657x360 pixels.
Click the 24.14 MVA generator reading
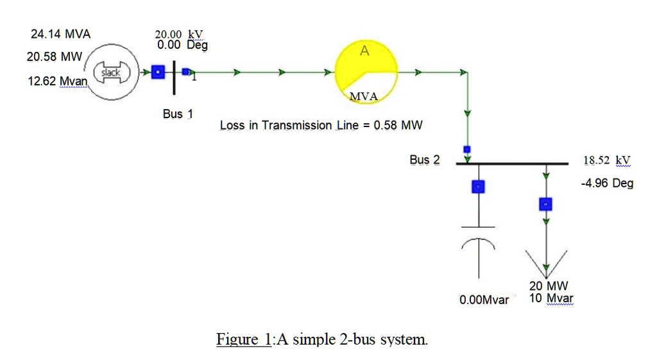coord(60,35)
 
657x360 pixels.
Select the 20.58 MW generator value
coord(54,57)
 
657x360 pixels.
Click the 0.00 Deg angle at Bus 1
coord(182,46)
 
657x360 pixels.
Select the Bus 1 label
coord(178,114)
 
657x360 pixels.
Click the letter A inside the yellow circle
coord(364,52)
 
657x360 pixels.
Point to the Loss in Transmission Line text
coord(321,125)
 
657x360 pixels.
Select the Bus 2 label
coord(425,160)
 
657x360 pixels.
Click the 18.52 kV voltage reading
coord(606,160)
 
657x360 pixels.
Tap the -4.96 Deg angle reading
coord(606,184)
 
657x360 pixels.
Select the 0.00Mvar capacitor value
coord(484,300)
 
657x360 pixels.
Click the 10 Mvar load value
coord(551,298)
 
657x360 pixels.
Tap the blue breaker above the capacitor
coord(478,187)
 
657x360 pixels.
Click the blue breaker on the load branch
coord(545,204)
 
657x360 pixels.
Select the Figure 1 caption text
coord(321,339)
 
